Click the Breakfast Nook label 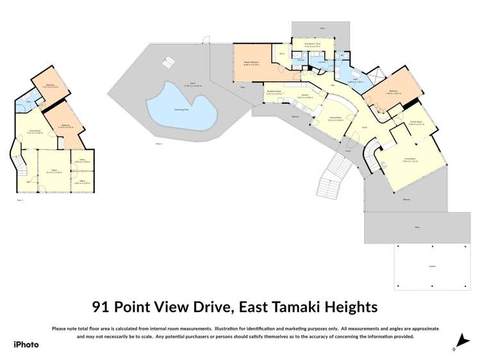coord(275,92)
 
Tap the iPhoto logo coord(26,344)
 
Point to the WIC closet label coord(282,54)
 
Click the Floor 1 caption coord(20,200)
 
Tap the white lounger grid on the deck coord(168,62)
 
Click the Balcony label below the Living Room coord(406,199)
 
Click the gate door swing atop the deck coord(206,40)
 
